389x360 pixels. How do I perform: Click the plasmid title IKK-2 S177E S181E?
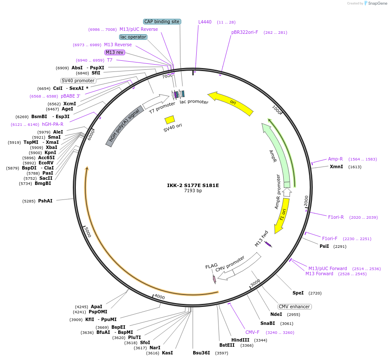(193, 185)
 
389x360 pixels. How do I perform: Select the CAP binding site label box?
(162, 21)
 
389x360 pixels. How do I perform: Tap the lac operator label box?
(133, 37)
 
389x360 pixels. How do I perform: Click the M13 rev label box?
(115, 52)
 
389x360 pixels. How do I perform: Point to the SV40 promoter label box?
(78, 80)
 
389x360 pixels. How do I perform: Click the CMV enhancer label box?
(294, 306)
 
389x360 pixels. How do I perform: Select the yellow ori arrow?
(231, 103)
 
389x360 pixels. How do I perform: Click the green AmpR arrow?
(277, 154)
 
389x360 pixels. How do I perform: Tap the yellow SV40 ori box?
(170, 119)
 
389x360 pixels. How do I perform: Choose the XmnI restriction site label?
(336, 167)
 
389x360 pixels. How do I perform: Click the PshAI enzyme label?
(45, 201)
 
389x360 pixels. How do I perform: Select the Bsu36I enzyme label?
(201, 353)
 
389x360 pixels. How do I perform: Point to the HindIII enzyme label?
(240, 340)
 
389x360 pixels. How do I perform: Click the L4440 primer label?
(205, 22)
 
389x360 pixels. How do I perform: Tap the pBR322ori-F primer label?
(245, 32)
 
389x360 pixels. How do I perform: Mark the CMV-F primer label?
(252, 332)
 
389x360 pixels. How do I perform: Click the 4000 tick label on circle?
(159, 297)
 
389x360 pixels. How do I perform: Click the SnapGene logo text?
(377, 3)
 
